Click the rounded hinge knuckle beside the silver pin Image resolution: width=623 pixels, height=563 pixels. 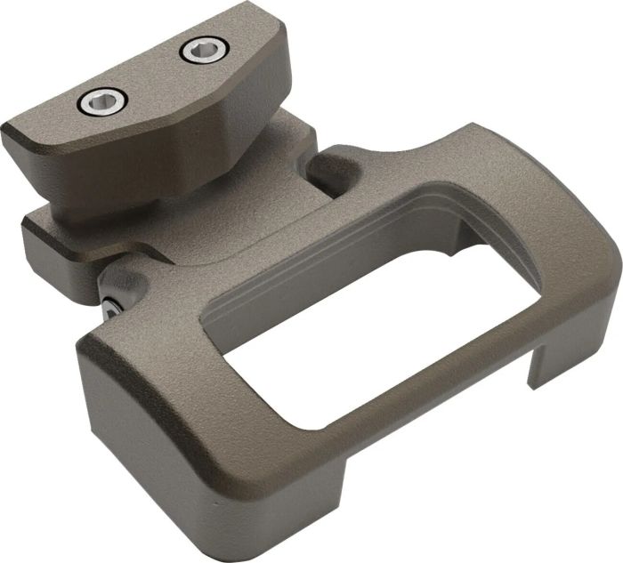[x=129, y=283]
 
